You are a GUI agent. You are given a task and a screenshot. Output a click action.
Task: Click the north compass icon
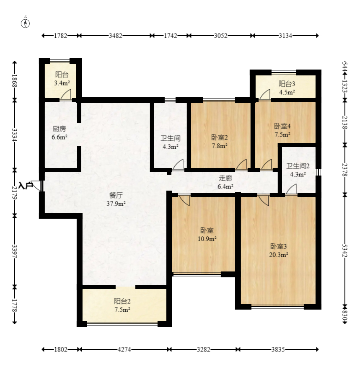(x=25, y=23)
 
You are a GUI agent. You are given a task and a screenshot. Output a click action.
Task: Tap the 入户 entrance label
(x=26, y=186)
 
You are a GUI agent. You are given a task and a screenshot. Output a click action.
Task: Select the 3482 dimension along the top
(x=116, y=36)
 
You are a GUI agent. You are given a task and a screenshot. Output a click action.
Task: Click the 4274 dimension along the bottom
(x=124, y=349)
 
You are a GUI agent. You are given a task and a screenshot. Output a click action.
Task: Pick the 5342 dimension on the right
(x=345, y=251)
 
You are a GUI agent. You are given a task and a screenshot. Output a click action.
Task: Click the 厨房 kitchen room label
(x=60, y=129)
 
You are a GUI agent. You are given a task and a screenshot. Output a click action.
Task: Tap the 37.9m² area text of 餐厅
(x=116, y=204)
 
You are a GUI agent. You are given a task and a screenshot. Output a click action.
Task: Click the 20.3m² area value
(x=279, y=255)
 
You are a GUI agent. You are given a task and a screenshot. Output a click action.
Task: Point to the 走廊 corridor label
(x=225, y=178)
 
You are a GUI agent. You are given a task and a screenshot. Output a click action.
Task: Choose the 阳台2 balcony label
(x=122, y=301)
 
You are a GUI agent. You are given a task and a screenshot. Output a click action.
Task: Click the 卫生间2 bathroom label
(x=298, y=166)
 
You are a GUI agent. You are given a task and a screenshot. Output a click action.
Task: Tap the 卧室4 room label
(x=282, y=126)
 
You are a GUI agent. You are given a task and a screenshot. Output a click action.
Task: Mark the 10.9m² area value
(x=207, y=239)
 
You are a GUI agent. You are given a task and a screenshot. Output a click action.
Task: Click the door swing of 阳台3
(x=265, y=95)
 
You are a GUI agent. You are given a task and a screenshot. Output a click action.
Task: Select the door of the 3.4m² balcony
(x=66, y=95)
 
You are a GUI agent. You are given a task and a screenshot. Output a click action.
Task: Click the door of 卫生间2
(x=291, y=189)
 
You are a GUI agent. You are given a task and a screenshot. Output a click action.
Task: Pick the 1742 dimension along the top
(x=171, y=36)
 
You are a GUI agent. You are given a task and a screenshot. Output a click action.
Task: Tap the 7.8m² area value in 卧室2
(x=220, y=146)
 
